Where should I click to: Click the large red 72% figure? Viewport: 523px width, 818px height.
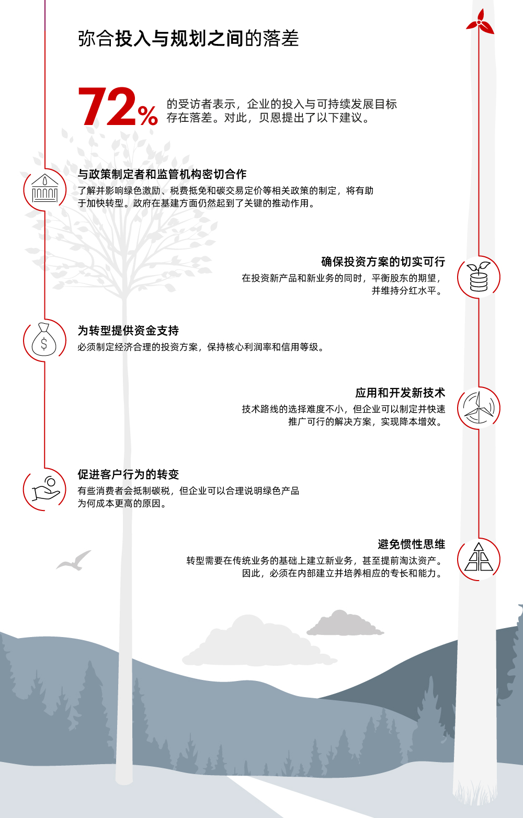[x=118, y=107]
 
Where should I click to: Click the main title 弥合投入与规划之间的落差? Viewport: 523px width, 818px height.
[x=188, y=39]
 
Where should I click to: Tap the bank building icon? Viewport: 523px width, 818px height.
[x=45, y=188]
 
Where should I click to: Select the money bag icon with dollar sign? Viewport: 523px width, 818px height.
[x=44, y=339]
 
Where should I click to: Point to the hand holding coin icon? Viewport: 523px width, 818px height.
[x=46, y=488]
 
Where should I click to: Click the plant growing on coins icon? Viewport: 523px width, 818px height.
[x=479, y=277]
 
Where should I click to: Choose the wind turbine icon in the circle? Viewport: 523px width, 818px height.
[x=479, y=407]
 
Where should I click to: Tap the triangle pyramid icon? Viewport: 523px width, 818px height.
[x=479, y=557]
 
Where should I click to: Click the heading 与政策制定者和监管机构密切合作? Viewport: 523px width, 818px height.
[x=162, y=174]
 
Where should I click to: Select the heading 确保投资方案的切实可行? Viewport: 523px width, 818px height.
[x=383, y=262]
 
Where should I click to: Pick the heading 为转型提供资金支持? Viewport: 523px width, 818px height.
[x=128, y=331]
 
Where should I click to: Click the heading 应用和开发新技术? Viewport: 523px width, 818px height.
[x=400, y=393]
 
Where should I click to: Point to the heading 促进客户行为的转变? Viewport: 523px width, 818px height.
[x=128, y=474]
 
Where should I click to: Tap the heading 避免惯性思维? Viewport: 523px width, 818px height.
[x=412, y=544]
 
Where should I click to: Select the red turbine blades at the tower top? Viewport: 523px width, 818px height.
[x=480, y=22]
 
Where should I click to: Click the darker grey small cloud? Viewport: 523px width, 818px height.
[x=345, y=623]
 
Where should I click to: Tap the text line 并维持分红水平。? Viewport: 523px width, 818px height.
[x=408, y=291]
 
